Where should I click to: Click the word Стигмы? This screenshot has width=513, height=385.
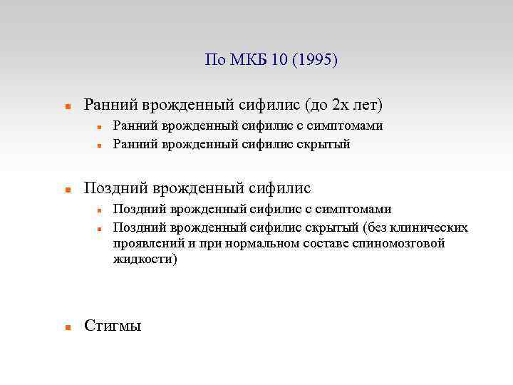[113, 327]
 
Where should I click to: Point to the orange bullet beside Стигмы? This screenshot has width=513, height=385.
[67, 328]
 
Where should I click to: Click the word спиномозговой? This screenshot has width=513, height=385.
[403, 243]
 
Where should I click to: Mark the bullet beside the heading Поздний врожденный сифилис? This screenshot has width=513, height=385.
[67, 190]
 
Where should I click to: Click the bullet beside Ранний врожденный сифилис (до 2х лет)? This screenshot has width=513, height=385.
[67, 106]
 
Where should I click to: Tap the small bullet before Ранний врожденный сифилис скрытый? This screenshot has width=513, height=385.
[101, 145]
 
